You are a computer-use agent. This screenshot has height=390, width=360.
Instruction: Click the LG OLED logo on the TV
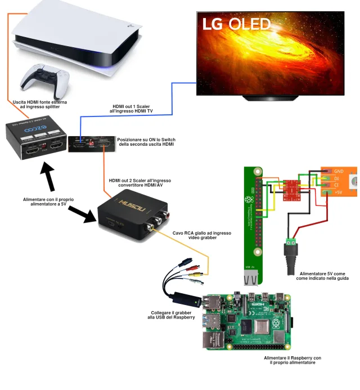[x=236, y=24]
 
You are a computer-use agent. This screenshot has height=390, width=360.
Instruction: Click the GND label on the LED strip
[x=339, y=171]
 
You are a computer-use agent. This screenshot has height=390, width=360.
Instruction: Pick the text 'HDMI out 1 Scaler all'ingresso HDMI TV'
[x=132, y=109]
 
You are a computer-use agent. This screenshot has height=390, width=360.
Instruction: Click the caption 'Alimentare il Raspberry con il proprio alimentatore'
[x=292, y=360]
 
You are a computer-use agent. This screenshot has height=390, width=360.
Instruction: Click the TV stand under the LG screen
[x=269, y=98]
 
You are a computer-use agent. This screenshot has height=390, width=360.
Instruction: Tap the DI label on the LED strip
[x=336, y=178]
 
